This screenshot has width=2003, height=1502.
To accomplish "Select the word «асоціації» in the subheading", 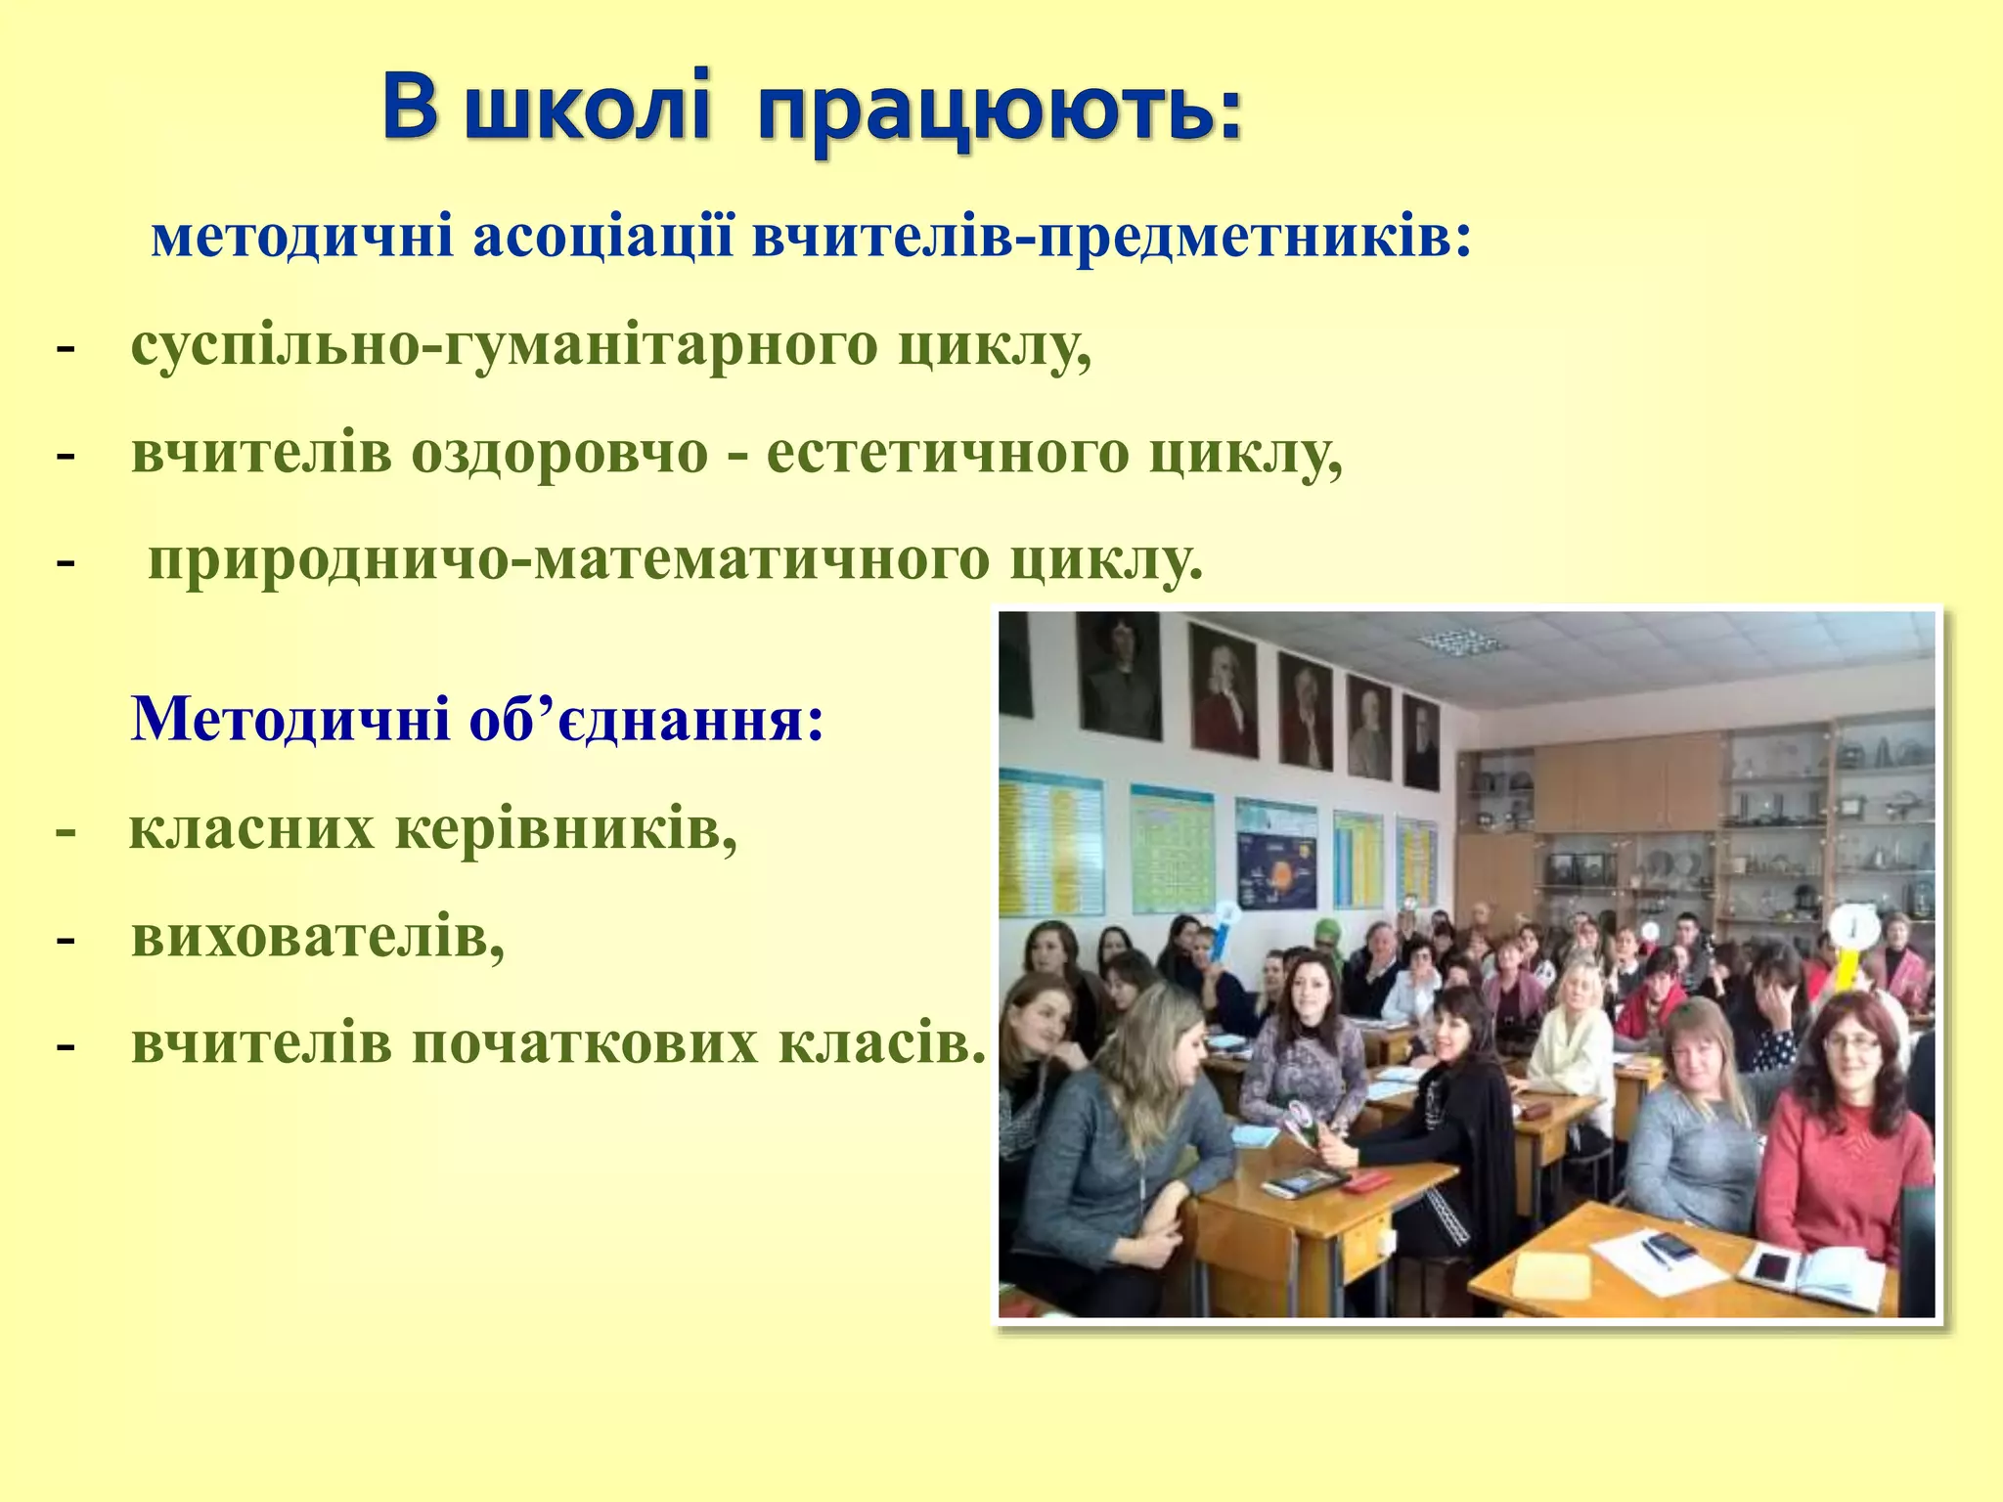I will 602,239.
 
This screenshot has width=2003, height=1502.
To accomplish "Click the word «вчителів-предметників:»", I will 1111,239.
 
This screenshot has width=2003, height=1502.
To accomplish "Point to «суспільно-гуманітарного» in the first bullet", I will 504,346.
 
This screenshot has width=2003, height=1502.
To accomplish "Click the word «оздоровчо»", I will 558,454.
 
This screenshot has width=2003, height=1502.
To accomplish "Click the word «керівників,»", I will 566,829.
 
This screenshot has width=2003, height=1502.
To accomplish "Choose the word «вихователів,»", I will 318,937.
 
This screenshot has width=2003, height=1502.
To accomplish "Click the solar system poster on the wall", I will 1275,857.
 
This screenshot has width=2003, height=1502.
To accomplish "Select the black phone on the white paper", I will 1669,1246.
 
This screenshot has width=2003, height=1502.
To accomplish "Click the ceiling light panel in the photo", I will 1457,641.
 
